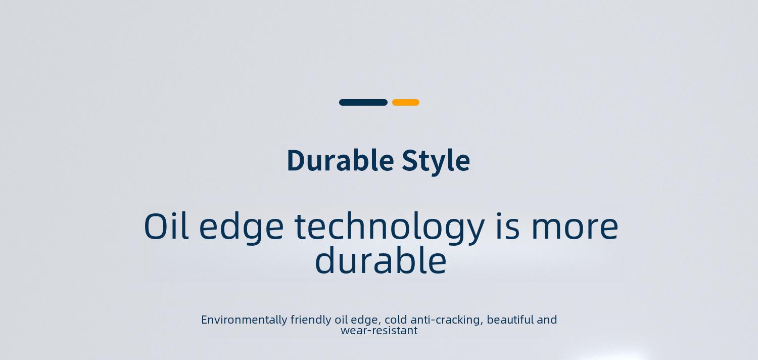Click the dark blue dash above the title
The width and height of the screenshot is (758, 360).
click(x=363, y=102)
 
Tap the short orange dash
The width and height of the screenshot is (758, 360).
click(x=406, y=102)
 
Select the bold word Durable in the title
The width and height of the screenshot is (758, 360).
click(x=341, y=160)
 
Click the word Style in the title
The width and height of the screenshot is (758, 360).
click(x=436, y=162)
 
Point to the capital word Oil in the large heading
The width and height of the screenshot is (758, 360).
click(x=166, y=226)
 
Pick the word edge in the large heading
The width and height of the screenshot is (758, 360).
click(x=241, y=228)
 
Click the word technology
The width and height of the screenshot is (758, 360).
click(x=390, y=228)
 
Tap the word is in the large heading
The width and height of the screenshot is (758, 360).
click(x=507, y=226)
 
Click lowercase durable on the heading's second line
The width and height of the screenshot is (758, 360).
click(x=381, y=260)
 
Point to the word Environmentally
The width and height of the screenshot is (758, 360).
click(x=244, y=320)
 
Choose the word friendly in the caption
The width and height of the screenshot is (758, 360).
click(x=311, y=320)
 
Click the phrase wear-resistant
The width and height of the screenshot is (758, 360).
click(x=379, y=331)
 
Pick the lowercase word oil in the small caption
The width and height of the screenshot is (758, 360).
click(x=341, y=320)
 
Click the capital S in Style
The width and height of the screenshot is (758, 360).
click(x=409, y=160)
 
